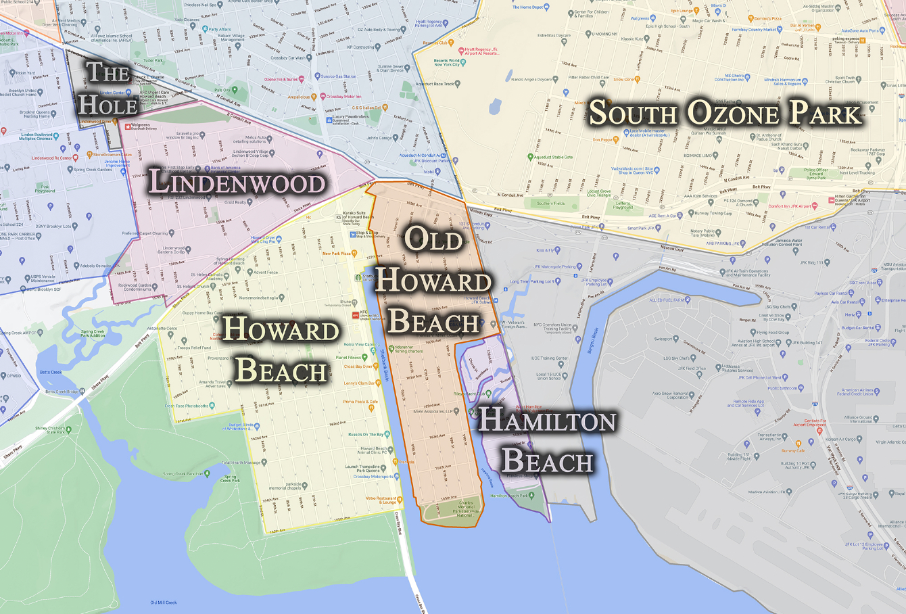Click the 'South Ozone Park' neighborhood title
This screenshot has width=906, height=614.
click(x=725, y=114)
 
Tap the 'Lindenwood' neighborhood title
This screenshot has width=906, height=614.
click(x=237, y=183)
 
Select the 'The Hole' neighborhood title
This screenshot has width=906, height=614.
click(x=108, y=87)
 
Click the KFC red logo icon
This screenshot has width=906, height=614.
click(x=355, y=315)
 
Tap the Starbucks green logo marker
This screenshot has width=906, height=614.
click(x=358, y=277)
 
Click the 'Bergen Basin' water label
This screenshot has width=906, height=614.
click(x=595, y=335)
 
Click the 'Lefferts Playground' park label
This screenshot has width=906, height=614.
click(x=623, y=205)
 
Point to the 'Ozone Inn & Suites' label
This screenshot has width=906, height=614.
click(x=283, y=79)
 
